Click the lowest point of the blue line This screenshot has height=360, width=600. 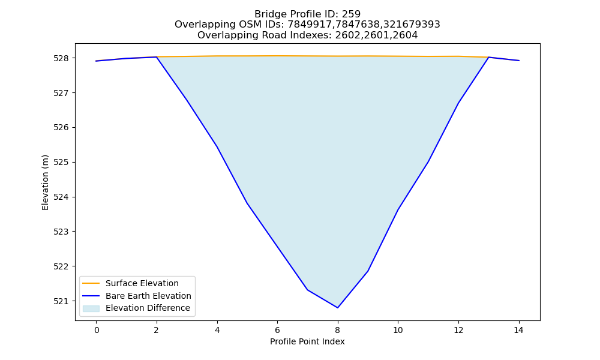tap(337, 308)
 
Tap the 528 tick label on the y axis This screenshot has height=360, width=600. tap(61, 58)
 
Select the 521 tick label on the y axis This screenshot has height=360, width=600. tap(61, 301)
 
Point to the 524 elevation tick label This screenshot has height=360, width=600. tap(61, 197)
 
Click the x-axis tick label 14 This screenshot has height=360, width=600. tap(518, 330)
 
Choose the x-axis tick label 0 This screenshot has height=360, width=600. tap(97, 330)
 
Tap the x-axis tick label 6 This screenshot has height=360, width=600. tap(277, 330)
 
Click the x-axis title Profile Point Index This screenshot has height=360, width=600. tap(307, 341)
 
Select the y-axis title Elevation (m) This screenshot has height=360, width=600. tap(45, 182)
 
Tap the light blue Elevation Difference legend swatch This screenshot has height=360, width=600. tap(91, 308)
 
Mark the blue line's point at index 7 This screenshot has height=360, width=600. tap(307, 290)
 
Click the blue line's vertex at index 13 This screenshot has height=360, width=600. tap(488, 58)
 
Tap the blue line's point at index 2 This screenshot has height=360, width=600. tap(157, 57)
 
